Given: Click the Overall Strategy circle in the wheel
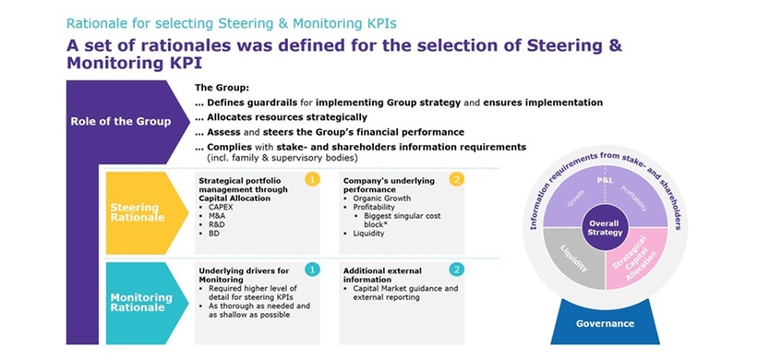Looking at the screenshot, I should [605, 227].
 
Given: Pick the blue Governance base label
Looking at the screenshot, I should [605, 323].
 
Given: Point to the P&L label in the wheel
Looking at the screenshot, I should [605, 181].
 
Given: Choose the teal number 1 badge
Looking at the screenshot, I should [312, 269].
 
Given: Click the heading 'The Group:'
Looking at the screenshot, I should [222, 87].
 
